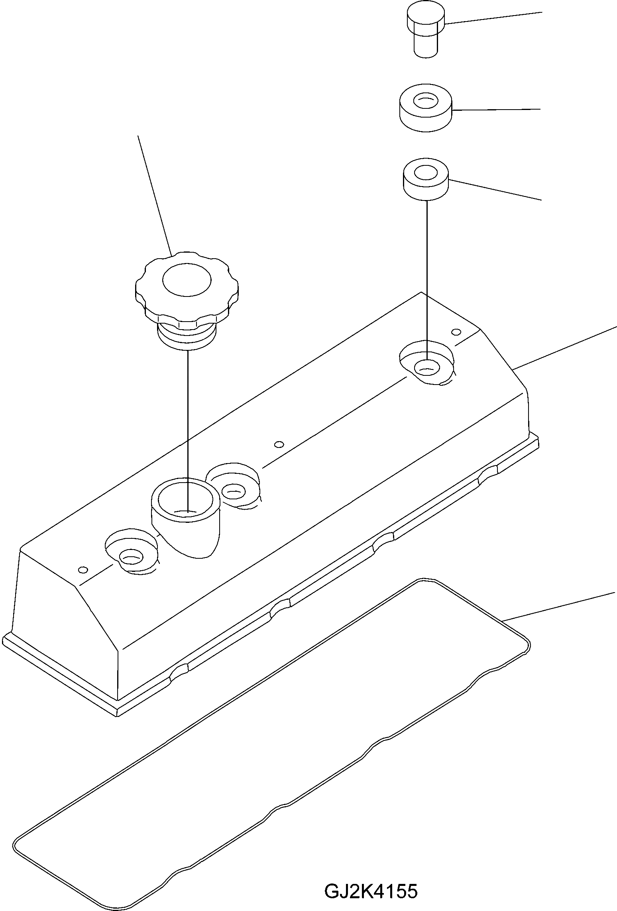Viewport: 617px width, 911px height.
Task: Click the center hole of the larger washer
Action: pyautogui.click(x=425, y=101)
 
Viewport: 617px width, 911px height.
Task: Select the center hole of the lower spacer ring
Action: pyautogui.click(x=426, y=173)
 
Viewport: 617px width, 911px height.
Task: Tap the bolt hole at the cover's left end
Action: pyautogui.click(x=131, y=557)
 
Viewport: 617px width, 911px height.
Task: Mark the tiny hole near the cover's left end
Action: pyautogui.click(x=83, y=569)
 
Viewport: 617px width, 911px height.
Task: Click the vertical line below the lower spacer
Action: pyautogui.click(x=427, y=279)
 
